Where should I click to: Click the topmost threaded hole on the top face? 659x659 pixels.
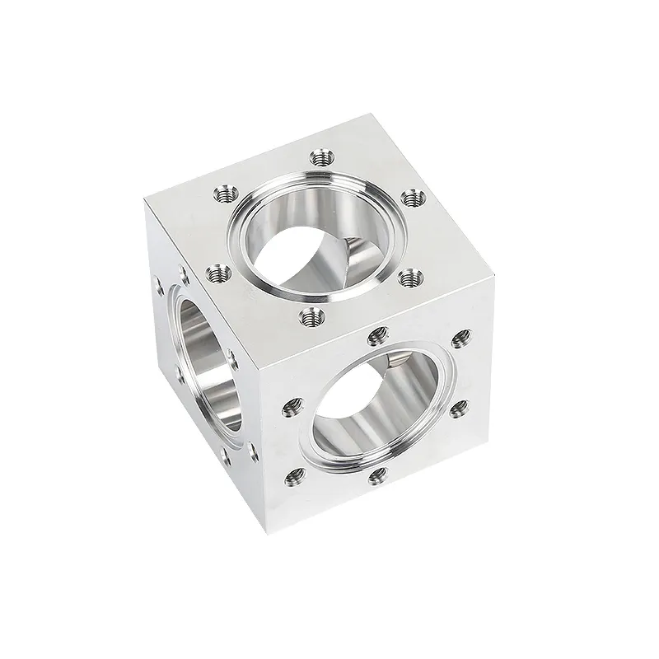click(321, 155)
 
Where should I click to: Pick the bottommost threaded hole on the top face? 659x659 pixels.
click(309, 315)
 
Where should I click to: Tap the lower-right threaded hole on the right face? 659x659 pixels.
click(458, 407)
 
